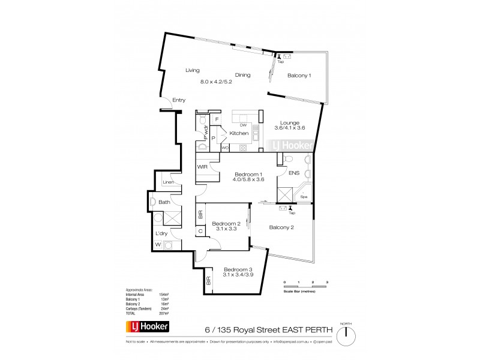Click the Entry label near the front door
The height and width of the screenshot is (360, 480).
click(x=178, y=100)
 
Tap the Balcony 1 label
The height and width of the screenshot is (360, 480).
click(x=299, y=76)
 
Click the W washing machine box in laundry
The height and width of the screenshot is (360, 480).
click(x=158, y=245)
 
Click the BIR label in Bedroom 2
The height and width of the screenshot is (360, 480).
click(x=200, y=214)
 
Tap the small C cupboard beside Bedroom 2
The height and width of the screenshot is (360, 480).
click(x=200, y=232)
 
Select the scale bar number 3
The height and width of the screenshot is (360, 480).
click(x=327, y=282)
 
